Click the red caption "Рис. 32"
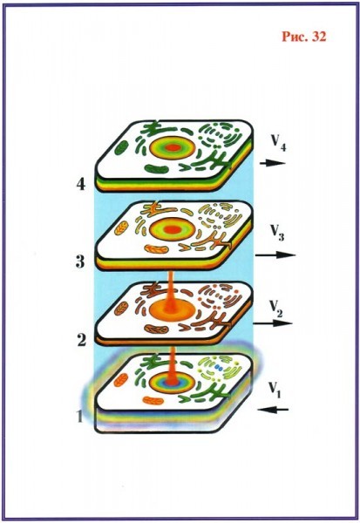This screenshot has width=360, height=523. pos(304,37)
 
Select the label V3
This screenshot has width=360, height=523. pos(277,232)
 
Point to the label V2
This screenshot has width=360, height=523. pos(276,309)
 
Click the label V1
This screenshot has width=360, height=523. pos(275,389)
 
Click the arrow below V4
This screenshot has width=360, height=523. pos(273,163)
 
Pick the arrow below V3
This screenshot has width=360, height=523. pos(275,255)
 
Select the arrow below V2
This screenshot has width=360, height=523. pos(273,323)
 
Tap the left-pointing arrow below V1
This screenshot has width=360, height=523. pos(274,410)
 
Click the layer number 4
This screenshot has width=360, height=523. pos(81,184)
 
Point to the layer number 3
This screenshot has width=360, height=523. pos(80,261)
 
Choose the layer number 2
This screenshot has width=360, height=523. pos(81,340)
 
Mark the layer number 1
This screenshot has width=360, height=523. pos(79,417)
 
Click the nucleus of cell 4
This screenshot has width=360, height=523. pos(173,147)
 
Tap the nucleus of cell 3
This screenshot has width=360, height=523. pos(173,228)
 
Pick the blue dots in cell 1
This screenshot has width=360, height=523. pos(219,368)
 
